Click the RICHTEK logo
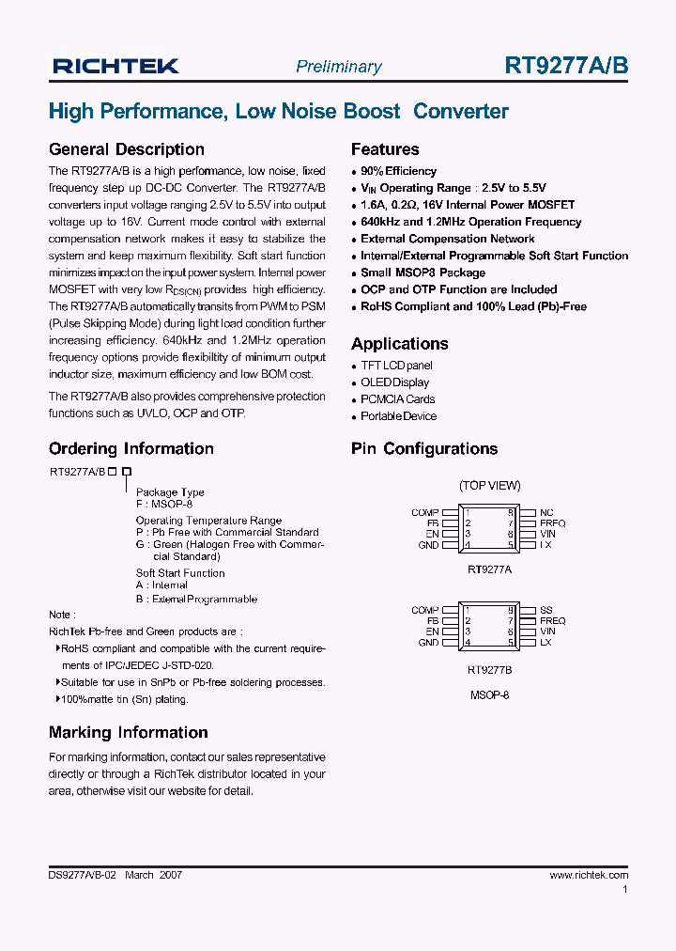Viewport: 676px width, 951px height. click(x=115, y=66)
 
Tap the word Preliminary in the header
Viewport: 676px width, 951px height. click(x=338, y=67)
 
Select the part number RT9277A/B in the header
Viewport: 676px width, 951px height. click(x=566, y=65)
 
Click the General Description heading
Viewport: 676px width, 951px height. click(x=126, y=149)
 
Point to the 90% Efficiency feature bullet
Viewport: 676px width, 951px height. click(x=398, y=171)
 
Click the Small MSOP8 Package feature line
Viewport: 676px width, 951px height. click(x=422, y=273)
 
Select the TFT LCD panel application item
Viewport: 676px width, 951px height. click(x=396, y=366)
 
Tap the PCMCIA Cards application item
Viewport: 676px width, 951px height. click(x=398, y=399)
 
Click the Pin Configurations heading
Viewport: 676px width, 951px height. click(x=424, y=449)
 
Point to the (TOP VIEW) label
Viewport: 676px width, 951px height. click(x=489, y=486)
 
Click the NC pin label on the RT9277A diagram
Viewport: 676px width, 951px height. click(x=546, y=513)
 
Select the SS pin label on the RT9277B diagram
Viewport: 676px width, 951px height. click(x=546, y=611)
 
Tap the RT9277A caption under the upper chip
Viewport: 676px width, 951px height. click(x=489, y=569)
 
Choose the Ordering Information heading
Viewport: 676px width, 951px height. click(x=131, y=449)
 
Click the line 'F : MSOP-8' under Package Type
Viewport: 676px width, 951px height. click(x=164, y=504)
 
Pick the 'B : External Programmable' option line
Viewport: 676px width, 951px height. click(x=196, y=600)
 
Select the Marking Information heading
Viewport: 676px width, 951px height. click(x=128, y=733)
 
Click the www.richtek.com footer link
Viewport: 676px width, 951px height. click(x=589, y=875)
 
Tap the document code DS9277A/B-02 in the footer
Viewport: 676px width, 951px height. click(x=82, y=875)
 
